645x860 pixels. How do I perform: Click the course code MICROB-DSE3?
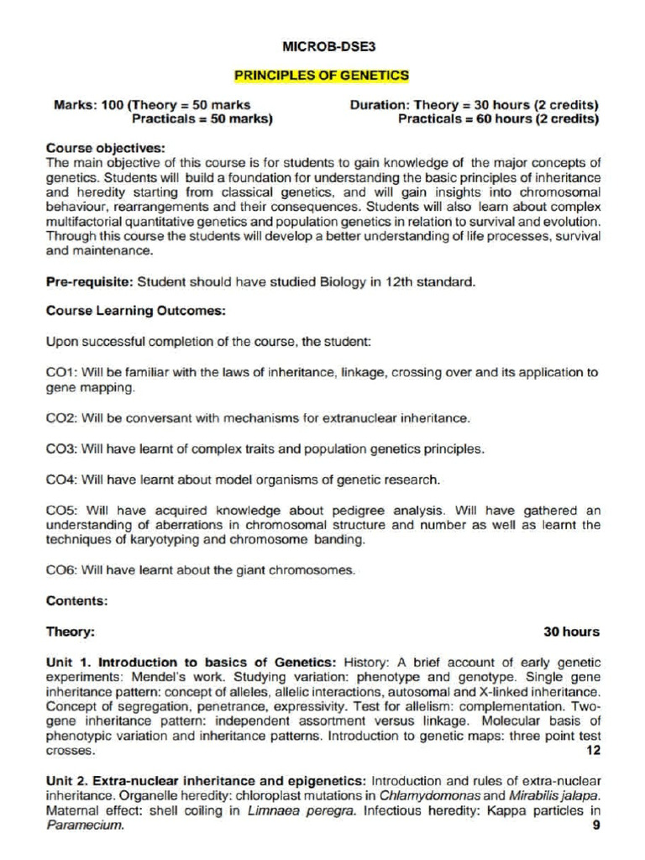(x=322, y=45)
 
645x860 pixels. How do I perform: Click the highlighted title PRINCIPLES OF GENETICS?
(x=322, y=76)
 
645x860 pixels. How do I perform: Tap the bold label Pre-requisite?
(x=90, y=282)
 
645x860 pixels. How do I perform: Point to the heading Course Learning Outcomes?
(x=135, y=311)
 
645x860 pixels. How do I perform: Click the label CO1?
(x=62, y=372)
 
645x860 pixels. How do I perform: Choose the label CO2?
(x=62, y=417)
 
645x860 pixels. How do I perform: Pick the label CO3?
(x=62, y=448)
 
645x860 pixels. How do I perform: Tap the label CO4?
(x=62, y=480)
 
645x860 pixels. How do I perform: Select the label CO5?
(x=62, y=510)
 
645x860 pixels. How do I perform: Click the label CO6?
(x=62, y=570)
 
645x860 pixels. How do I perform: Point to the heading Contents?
(x=76, y=600)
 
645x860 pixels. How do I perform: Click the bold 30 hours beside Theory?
(x=571, y=632)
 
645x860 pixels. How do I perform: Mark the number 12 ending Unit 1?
(x=593, y=750)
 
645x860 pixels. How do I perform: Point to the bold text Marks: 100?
(x=88, y=106)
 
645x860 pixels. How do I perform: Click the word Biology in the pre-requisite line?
(x=343, y=282)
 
